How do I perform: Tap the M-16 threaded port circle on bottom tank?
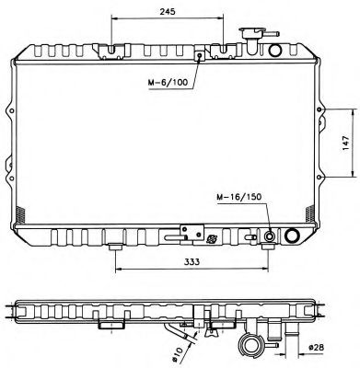click(x=269, y=237)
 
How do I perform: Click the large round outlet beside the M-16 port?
click(x=293, y=237)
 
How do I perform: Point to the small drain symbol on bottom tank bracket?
click(x=212, y=240)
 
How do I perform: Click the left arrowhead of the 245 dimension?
click(x=112, y=18)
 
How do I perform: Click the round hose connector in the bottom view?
click(x=250, y=347)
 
